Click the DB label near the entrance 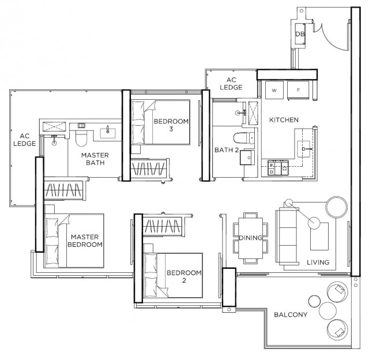[x=300, y=34]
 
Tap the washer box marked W [x=274, y=90]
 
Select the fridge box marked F [x=298, y=90]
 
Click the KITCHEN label [x=284, y=120]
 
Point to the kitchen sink [x=304, y=149]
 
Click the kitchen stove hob [x=278, y=168]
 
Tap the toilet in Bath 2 [x=244, y=138]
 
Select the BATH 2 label [x=227, y=150]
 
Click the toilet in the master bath [x=81, y=138]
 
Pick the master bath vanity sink [x=108, y=133]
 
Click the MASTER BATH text [x=95, y=159]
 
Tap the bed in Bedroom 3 [x=160, y=122]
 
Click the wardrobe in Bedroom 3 [x=150, y=168]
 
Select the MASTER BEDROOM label [x=85, y=241]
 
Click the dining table [x=250, y=238]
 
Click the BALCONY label [x=291, y=314]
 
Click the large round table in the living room [x=337, y=207]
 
